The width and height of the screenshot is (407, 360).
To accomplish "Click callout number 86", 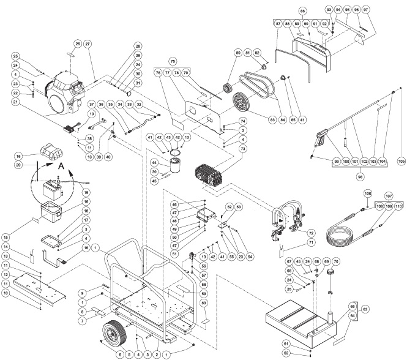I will point(302,11).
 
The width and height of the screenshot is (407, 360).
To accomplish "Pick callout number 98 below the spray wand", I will point(353,176).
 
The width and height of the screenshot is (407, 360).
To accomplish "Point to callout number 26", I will point(78,43).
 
